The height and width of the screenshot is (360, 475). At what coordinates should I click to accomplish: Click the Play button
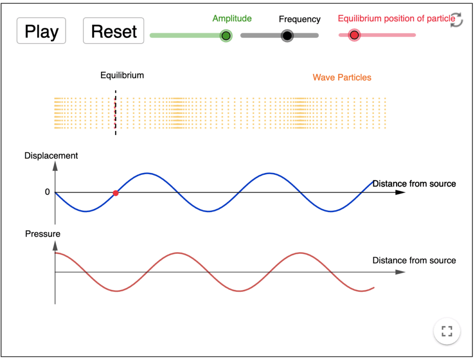[41, 31]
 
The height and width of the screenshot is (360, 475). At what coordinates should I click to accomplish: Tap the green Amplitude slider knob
[226, 36]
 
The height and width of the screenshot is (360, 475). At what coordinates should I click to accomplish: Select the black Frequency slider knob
[287, 36]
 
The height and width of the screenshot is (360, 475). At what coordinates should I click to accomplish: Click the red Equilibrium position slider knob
[354, 35]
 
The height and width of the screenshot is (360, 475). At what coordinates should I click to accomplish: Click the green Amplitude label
[232, 19]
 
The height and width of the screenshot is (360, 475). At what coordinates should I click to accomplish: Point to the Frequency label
[300, 19]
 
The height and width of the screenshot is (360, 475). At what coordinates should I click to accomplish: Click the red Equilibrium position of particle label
[396, 19]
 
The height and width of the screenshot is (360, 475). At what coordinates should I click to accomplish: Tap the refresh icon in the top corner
[456, 20]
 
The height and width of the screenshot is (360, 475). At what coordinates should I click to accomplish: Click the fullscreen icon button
[447, 331]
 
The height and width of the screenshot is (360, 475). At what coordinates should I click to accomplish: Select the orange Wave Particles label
[342, 77]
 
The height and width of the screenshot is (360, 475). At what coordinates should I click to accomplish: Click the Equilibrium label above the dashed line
[122, 75]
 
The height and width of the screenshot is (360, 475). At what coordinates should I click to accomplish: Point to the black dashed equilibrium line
[116, 125]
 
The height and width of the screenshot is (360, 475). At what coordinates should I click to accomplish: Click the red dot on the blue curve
[116, 193]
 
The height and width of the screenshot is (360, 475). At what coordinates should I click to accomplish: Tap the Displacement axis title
[51, 156]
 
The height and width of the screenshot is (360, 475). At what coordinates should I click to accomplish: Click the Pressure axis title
[43, 234]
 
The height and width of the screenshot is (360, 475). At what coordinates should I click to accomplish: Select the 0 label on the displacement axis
[47, 192]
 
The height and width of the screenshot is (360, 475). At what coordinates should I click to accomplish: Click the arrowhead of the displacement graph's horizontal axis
[400, 193]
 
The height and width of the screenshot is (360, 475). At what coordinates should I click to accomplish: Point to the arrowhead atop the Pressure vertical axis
[55, 246]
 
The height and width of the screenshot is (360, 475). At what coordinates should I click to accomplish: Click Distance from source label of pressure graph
[414, 260]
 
